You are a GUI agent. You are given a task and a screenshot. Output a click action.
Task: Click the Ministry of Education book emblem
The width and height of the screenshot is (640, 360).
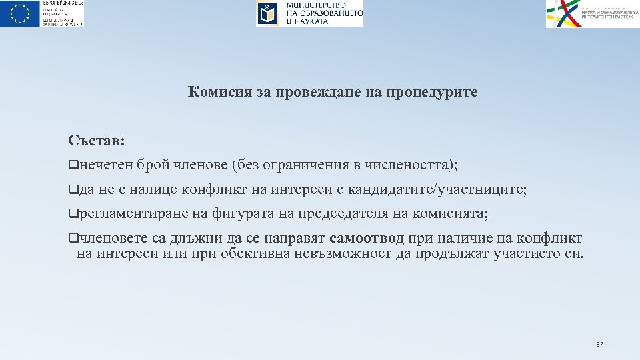pos(268,13)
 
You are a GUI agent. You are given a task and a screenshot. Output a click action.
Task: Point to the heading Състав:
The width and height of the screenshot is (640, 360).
pos(97,141)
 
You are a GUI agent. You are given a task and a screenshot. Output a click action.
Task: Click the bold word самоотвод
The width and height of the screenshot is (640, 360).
pos(367,239)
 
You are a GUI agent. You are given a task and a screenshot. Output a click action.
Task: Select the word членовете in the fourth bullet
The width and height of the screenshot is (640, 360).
pos(111,239)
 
